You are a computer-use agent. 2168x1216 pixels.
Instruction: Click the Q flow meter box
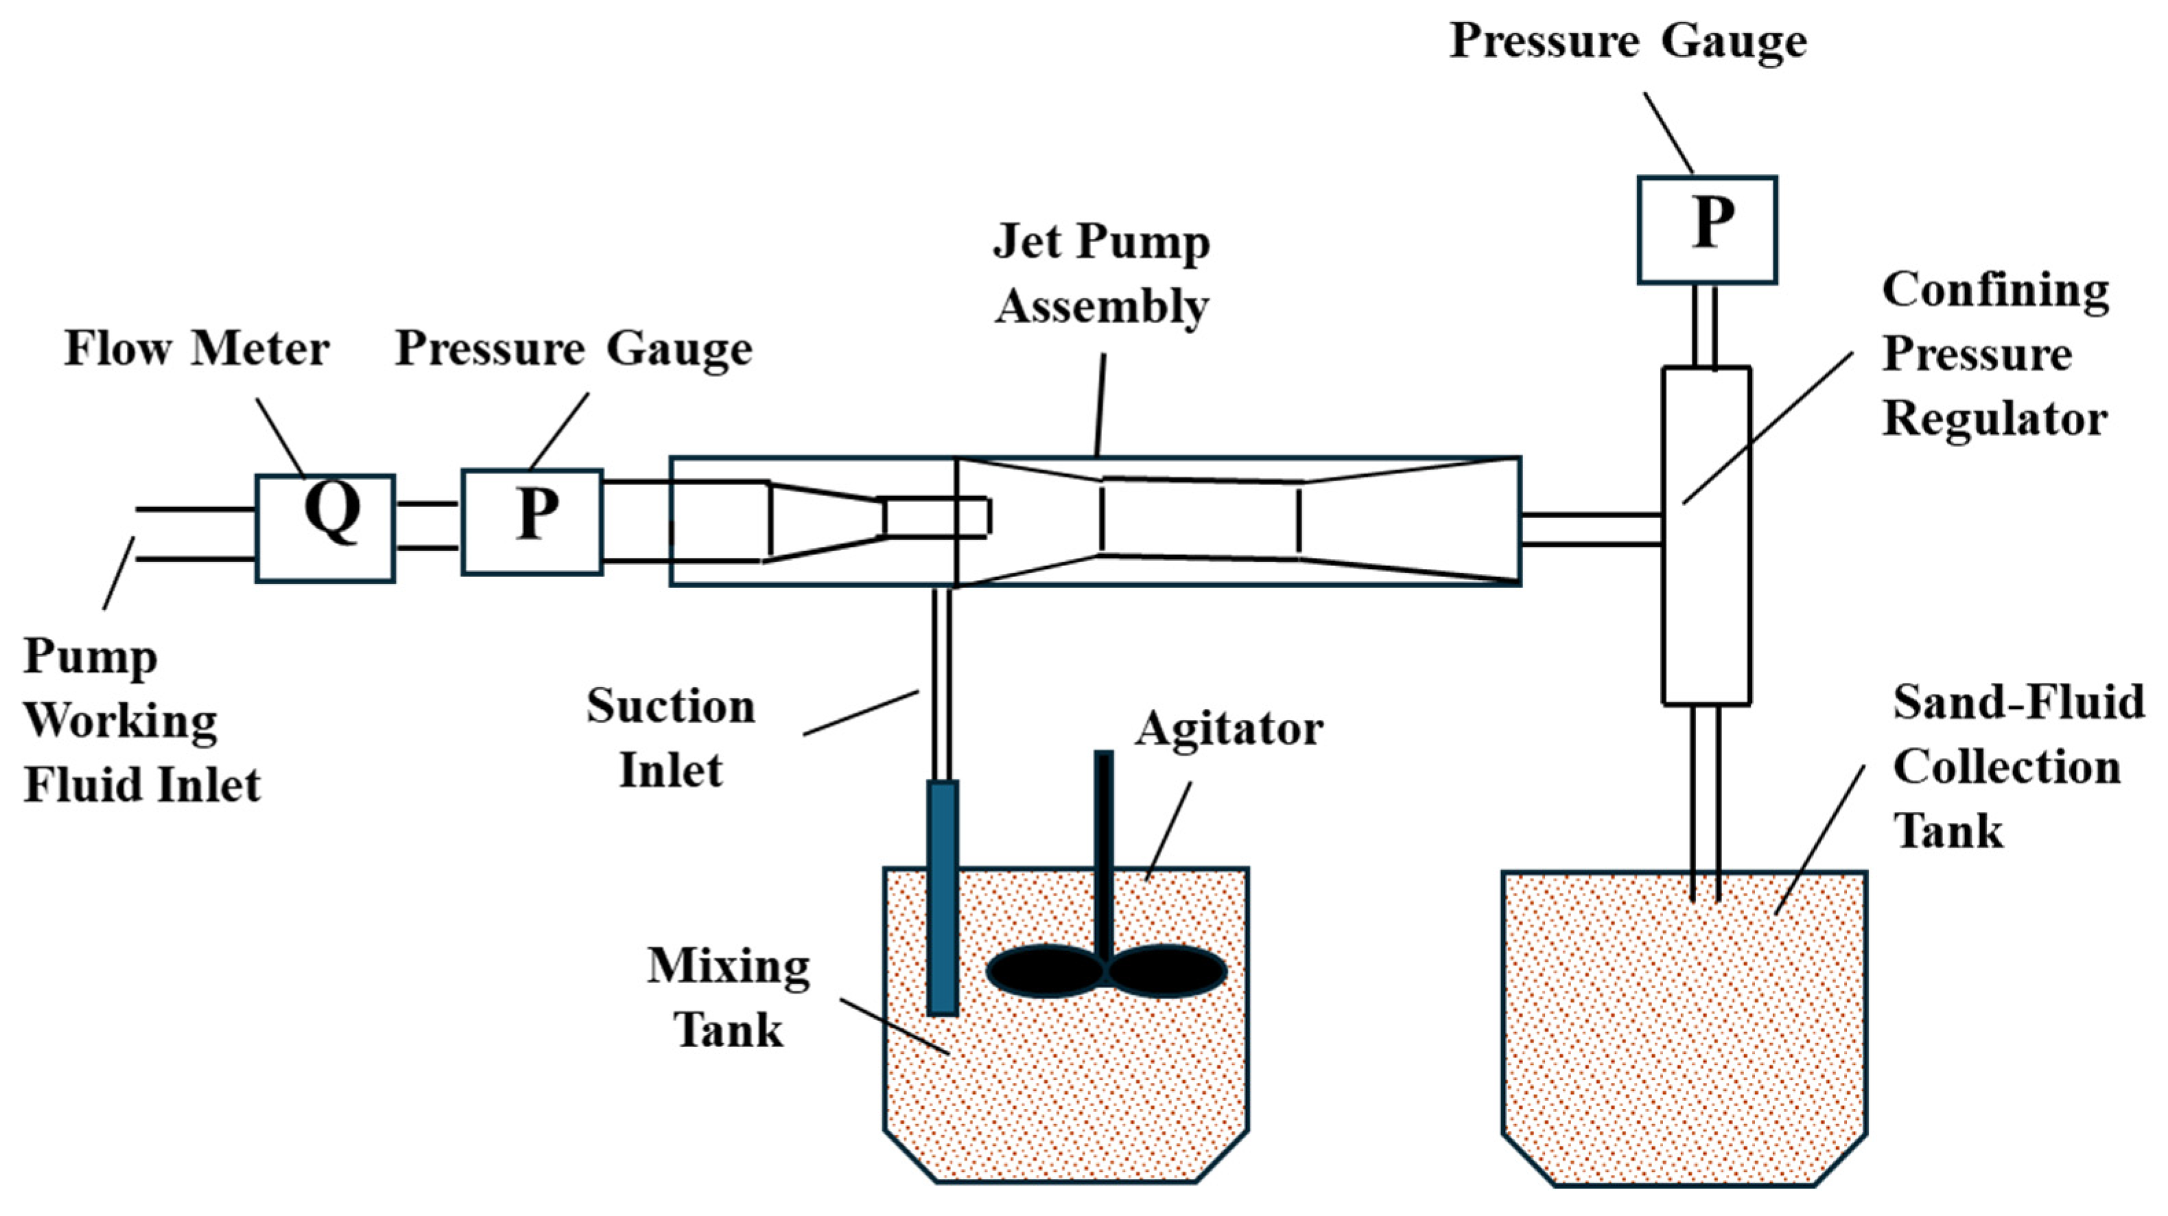point(325,528)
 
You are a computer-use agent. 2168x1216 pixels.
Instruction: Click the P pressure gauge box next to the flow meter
point(532,522)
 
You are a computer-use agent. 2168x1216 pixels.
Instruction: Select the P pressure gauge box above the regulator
point(1707,230)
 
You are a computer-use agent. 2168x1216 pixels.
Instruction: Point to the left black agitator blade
point(1044,971)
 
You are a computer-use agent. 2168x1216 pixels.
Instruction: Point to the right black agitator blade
point(1166,971)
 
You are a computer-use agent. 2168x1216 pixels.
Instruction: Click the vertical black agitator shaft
point(1103,850)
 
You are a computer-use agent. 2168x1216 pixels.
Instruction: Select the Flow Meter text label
point(196,349)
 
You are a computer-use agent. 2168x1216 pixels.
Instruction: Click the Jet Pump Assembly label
point(1102,274)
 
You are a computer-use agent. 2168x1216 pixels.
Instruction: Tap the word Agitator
point(1229,729)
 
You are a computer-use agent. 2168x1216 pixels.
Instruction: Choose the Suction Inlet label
point(671,737)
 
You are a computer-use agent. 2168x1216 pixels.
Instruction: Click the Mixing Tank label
point(728,998)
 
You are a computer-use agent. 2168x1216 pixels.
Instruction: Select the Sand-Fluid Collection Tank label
point(2018,767)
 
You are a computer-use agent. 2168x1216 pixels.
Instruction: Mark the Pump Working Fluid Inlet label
point(141,721)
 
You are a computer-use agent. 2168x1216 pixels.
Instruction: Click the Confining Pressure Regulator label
point(1994,354)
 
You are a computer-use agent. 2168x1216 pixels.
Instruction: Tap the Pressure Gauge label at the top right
point(1627,40)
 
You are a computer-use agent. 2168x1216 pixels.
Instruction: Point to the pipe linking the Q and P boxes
point(427,526)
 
